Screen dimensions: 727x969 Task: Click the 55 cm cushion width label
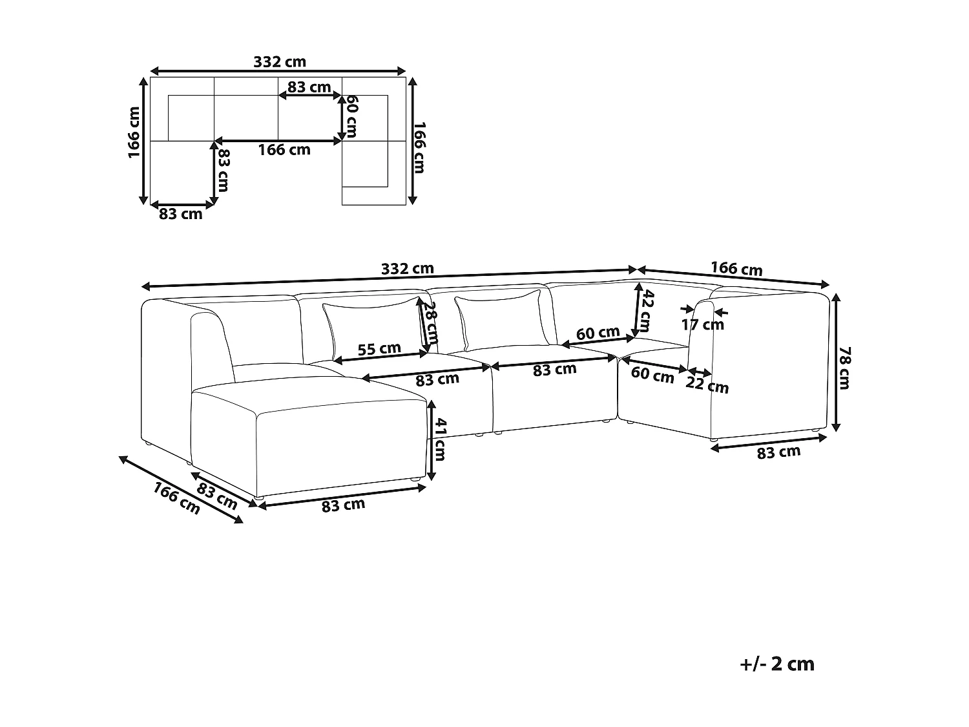[x=379, y=349]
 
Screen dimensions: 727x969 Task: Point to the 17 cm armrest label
[x=703, y=324]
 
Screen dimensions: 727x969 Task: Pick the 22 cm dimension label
[x=707, y=386]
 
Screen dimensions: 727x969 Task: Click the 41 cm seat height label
[x=439, y=439]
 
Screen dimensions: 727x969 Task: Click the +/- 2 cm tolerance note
[x=777, y=664]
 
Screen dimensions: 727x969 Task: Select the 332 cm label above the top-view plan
[x=279, y=62]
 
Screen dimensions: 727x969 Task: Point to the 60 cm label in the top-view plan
[x=351, y=116]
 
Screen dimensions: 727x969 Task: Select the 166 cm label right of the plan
[x=420, y=147]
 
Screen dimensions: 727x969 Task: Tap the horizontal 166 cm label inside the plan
[x=284, y=150]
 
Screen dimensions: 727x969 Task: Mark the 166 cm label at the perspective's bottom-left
[x=176, y=498]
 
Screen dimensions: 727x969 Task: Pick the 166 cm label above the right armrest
[x=736, y=268]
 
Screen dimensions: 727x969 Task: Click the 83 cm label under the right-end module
[x=778, y=452]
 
